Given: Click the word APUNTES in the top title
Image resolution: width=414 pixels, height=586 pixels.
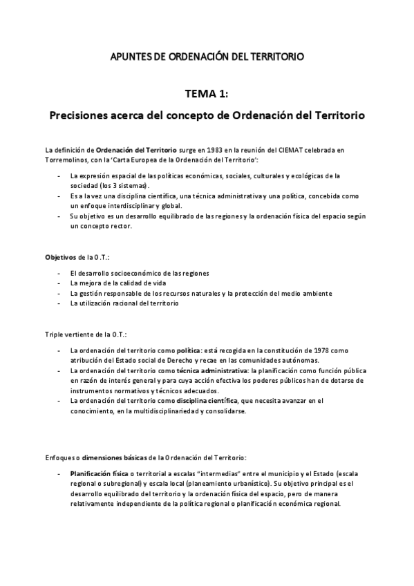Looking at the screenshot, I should coord(131,55).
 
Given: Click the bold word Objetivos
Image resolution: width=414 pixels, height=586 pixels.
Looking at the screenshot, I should coord(60,257).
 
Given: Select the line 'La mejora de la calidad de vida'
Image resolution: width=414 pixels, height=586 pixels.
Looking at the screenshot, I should coord(118,283).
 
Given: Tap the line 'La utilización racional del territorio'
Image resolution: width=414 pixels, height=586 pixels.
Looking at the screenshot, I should coord(124,303).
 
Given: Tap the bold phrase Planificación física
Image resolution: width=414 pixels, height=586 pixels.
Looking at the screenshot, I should coord(100,474).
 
